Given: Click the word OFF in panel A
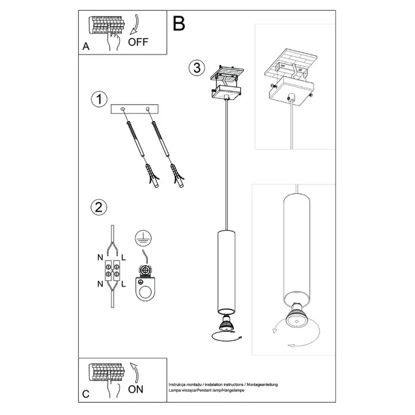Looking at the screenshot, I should pos(138,40).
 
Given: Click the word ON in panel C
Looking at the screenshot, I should pos(136,390).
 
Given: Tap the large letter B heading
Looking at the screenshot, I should pos(179,24).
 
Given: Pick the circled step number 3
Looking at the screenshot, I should pos(196,67).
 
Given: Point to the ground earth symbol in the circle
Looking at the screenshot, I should pos(142,238).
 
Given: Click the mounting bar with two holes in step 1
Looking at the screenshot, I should pos(134,110).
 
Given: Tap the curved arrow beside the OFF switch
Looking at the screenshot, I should pos(134,26).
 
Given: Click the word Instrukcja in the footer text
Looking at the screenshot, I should pos(179,384).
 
